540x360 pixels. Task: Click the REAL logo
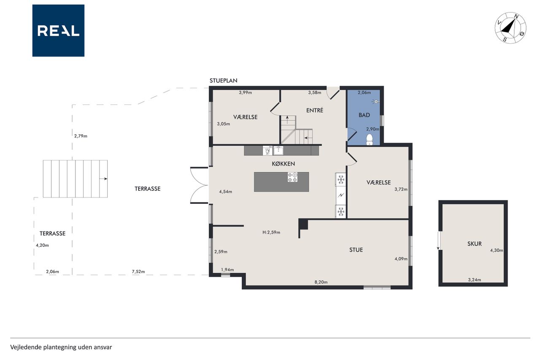click(58, 31)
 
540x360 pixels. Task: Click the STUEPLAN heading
click(224, 81)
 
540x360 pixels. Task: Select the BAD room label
click(364, 115)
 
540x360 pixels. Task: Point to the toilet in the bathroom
click(369, 140)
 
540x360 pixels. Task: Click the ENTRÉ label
click(315, 110)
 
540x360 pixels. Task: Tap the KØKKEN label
click(283, 164)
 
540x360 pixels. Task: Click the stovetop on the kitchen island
click(292, 177)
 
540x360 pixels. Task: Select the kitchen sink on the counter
click(278, 151)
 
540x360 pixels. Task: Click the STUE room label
click(356, 250)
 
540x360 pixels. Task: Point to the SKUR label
click(475, 244)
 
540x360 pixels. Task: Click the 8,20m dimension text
click(321, 282)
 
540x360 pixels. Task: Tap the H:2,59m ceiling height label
click(271, 233)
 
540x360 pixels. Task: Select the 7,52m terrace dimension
click(138, 271)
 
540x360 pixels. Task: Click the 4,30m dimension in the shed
click(497, 250)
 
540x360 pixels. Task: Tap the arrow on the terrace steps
click(103, 179)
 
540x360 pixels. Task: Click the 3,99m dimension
click(246, 92)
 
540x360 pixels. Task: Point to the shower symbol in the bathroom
click(375, 102)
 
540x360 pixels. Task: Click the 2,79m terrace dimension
click(81, 136)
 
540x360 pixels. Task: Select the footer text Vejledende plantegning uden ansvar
click(61, 347)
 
